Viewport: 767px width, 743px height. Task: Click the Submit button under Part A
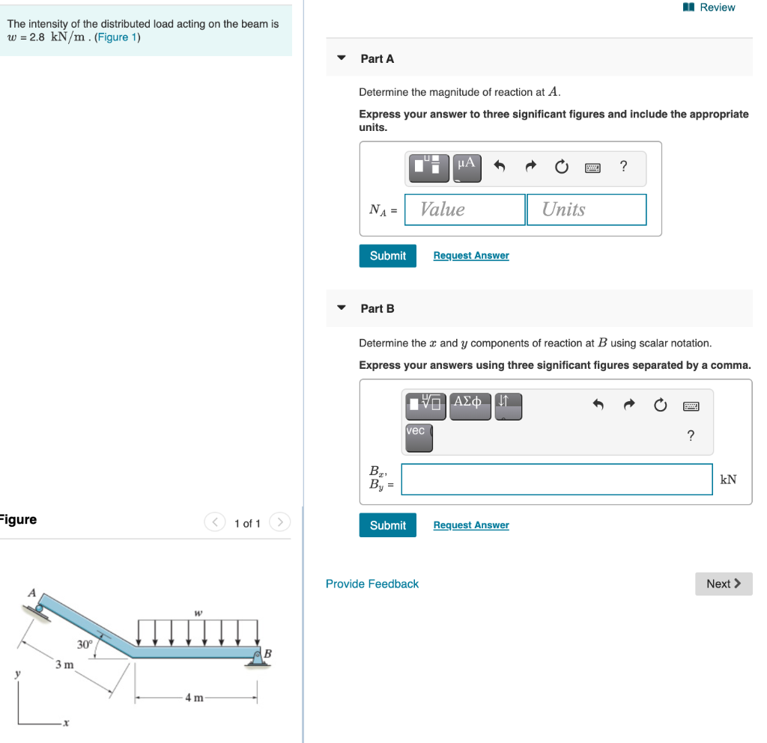387,256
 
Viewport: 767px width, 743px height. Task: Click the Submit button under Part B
387,525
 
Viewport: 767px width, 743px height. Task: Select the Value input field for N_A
464,210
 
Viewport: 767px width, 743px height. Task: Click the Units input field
586,210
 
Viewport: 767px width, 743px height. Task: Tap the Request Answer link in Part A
470,256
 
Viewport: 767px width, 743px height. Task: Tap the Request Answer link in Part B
470,525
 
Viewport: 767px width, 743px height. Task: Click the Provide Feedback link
372,584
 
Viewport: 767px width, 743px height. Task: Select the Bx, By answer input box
557,479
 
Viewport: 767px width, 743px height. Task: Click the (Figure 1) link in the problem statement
118,37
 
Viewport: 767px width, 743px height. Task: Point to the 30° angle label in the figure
85,644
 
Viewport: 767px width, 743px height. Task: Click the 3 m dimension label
64,664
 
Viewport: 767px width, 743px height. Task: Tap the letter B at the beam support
268,654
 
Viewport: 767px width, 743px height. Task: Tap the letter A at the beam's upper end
31,593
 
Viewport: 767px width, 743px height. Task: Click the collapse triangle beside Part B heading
342,308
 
